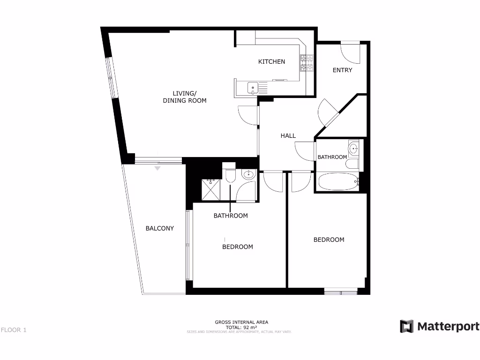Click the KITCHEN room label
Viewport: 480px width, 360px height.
coord(271,61)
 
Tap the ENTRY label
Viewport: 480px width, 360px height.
coord(342,70)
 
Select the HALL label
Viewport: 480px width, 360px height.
coord(288,135)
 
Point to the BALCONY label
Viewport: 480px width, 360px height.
coord(159,228)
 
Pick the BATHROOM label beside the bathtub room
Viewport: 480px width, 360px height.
coord(332,157)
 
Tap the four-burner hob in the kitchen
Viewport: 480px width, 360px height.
coord(307,64)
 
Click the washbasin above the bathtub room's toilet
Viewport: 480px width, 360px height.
coord(353,149)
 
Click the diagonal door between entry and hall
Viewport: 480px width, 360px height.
coord(327,112)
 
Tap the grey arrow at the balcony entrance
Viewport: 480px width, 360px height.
coord(157,168)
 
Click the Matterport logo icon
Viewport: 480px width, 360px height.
coord(406,326)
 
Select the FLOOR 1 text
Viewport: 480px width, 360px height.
coord(14,330)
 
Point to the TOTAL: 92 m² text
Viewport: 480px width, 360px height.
coord(241,327)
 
